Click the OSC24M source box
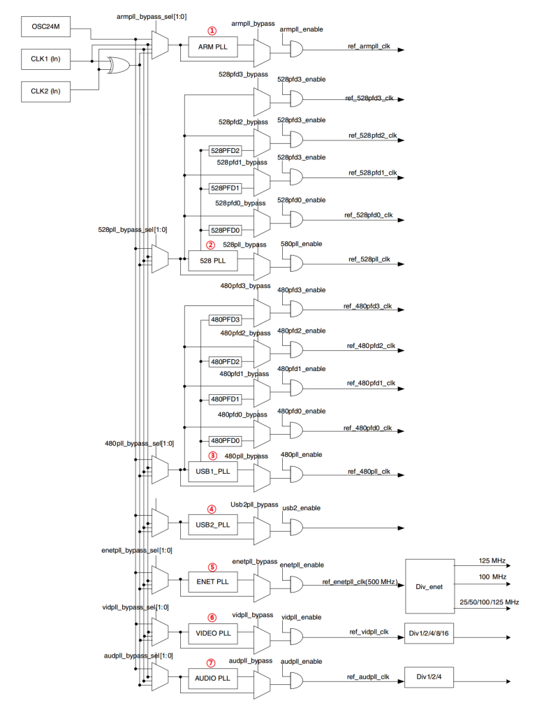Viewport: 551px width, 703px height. pyautogui.click(x=45, y=29)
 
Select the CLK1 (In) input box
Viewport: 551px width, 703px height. pyautogui.click(x=45, y=60)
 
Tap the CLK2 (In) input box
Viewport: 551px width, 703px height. pyautogui.click(x=45, y=91)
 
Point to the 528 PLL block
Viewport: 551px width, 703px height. pyautogui.click(x=213, y=261)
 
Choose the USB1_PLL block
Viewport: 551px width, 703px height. pyautogui.click(x=213, y=472)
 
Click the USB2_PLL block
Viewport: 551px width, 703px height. pyautogui.click(x=213, y=524)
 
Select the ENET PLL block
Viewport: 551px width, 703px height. pyautogui.click(x=213, y=581)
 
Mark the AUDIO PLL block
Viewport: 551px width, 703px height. pyautogui.click(x=213, y=678)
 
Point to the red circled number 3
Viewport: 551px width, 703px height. pyautogui.click(x=212, y=456)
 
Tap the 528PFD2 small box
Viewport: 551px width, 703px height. pyautogui.click(x=225, y=150)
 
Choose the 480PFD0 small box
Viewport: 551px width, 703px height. pyautogui.click(x=225, y=441)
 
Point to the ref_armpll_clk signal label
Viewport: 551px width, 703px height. pyautogui.click(x=368, y=46)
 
